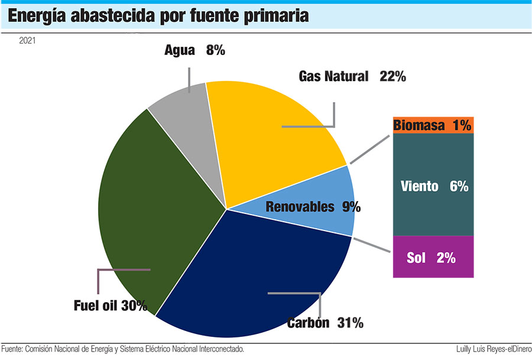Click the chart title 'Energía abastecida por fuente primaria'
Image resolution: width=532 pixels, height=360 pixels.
(158, 16)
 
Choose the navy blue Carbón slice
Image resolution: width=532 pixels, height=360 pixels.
(254, 266)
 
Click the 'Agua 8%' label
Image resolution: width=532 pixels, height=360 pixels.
(195, 50)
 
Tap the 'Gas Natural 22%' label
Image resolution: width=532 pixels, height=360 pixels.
(352, 76)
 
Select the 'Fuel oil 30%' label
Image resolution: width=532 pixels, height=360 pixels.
(110, 306)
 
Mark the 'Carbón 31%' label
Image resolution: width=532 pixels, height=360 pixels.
(325, 323)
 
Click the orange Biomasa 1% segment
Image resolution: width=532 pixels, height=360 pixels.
(433, 125)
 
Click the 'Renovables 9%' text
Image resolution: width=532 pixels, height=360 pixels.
(313, 207)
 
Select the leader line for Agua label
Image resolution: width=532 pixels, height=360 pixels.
(189, 79)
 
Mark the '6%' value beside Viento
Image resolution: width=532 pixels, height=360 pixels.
(459, 186)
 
